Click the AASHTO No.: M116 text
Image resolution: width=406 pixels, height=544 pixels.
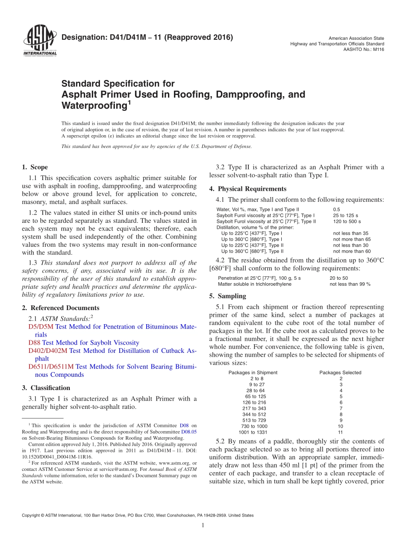click(x=364, y=49)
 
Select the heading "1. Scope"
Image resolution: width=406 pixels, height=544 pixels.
click(x=35, y=167)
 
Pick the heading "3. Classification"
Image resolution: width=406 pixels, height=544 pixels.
click(x=46, y=388)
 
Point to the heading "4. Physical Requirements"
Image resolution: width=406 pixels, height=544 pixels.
click(x=248, y=189)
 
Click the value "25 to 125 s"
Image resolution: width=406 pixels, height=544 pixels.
click(x=345, y=215)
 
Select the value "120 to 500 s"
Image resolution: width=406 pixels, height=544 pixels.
click(x=347, y=222)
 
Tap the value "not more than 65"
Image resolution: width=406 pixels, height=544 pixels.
click(x=352, y=239)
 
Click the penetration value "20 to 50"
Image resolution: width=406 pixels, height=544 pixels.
click(x=338, y=278)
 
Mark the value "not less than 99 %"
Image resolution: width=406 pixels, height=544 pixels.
click(x=350, y=284)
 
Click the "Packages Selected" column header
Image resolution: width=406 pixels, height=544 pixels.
click(x=340, y=373)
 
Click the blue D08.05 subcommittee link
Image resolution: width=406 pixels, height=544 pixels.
click(x=189, y=432)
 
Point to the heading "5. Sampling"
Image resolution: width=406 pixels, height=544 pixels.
click(x=227, y=296)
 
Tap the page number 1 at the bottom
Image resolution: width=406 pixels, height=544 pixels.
click(x=203, y=526)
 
